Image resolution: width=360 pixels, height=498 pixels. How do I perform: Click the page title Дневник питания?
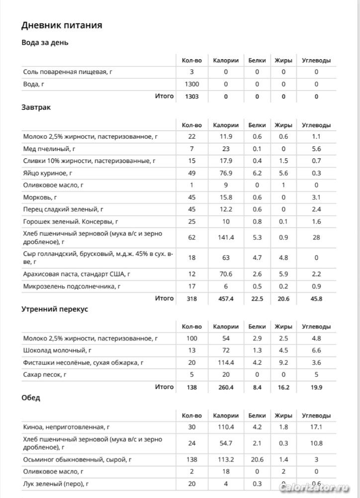(x=62, y=25)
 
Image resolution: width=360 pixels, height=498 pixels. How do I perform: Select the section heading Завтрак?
(x=36, y=107)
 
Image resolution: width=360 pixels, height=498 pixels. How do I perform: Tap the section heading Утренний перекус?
(x=55, y=309)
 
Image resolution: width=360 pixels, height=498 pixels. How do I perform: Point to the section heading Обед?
(x=31, y=398)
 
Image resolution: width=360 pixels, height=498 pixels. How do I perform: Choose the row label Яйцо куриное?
(x=48, y=173)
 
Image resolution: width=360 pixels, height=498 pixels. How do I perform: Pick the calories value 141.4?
(x=226, y=238)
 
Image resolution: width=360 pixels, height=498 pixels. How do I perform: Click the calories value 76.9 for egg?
(x=226, y=173)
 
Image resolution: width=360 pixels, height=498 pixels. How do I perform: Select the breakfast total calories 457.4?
(x=226, y=299)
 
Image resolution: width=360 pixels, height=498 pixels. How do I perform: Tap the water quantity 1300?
(x=191, y=84)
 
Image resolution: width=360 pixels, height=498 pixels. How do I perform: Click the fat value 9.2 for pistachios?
(x=283, y=362)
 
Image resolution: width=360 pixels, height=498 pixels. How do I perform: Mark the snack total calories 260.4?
(x=226, y=387)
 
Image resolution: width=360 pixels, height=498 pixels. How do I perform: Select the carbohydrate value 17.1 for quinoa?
(x=316, y=427)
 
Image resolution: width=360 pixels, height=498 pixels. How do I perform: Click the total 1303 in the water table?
(x=191, y=96)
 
